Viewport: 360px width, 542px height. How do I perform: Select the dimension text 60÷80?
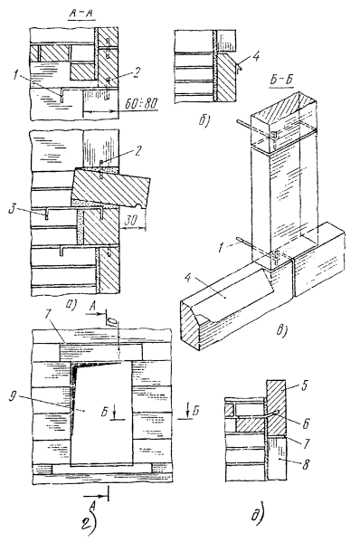[x=140, y=103]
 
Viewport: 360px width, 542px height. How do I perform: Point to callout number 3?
[x=14, y=210]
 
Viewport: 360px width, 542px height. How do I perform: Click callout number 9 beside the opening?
[x=14, y=396]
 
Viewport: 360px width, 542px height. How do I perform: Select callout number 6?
[x=307, y=423]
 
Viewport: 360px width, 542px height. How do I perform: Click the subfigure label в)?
[x=282, y=330]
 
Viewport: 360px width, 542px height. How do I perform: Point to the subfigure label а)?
[x=71, y=304]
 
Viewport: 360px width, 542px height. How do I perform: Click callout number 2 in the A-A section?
[x=137, y=72]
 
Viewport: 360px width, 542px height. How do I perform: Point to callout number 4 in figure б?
[x=256, y=56]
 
